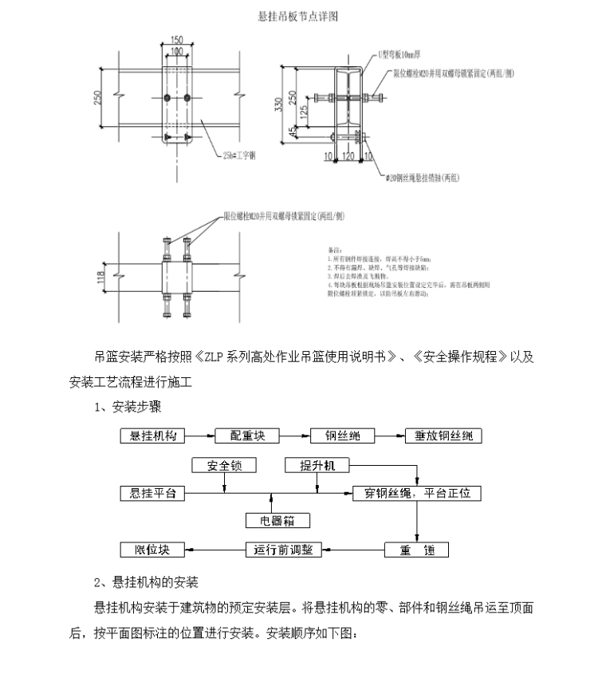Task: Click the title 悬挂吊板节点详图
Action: (302, 17)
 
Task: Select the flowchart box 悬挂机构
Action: (152, 436)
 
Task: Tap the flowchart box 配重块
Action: (253, 436)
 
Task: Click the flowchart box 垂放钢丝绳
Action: (442, 436)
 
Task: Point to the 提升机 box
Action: (317, 465)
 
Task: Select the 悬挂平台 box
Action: (152, 494)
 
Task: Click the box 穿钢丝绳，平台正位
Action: (417, 494)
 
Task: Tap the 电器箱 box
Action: (277, 521)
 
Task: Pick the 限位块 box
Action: (152, 550)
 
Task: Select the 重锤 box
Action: (416, 550)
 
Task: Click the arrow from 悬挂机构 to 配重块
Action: (200, 436)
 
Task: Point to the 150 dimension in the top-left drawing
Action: (176, 40)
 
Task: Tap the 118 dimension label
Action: (100, 277)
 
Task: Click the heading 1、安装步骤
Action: (128, 408)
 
